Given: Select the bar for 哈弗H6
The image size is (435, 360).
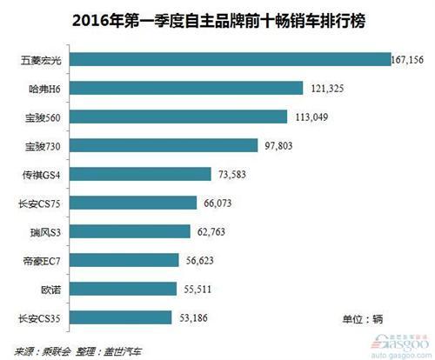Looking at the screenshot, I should pos(186,89).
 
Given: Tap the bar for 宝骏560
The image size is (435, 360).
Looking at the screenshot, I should pos(178,117).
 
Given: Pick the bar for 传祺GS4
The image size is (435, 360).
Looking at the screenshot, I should pos(140,174).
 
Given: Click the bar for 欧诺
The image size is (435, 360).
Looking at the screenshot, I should pos(129,288).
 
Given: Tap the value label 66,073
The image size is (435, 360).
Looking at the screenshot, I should pos(227,203).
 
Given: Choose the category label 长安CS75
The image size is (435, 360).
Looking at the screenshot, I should pos(38,203).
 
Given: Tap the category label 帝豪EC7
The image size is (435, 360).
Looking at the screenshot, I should pos(39,260).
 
